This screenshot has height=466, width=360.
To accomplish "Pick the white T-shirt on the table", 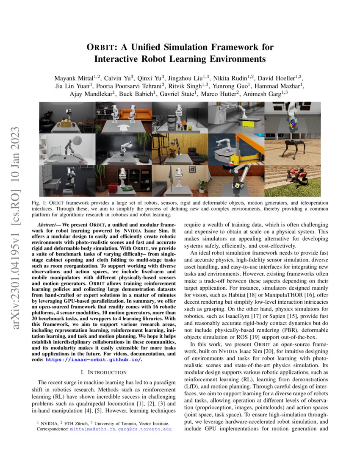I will tap(124, 128).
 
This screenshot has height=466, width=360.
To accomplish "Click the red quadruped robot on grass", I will tap(297, 174).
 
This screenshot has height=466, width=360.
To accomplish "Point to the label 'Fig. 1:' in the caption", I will tap(39, 203).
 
